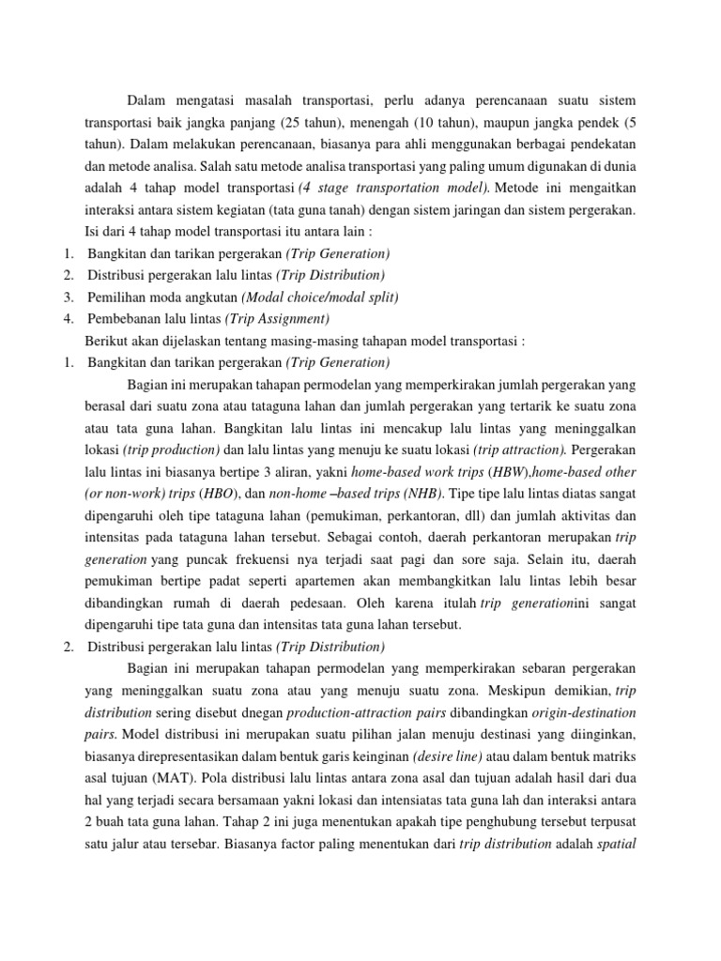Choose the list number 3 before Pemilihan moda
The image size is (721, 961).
69,296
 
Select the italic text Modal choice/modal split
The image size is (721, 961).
320,296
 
